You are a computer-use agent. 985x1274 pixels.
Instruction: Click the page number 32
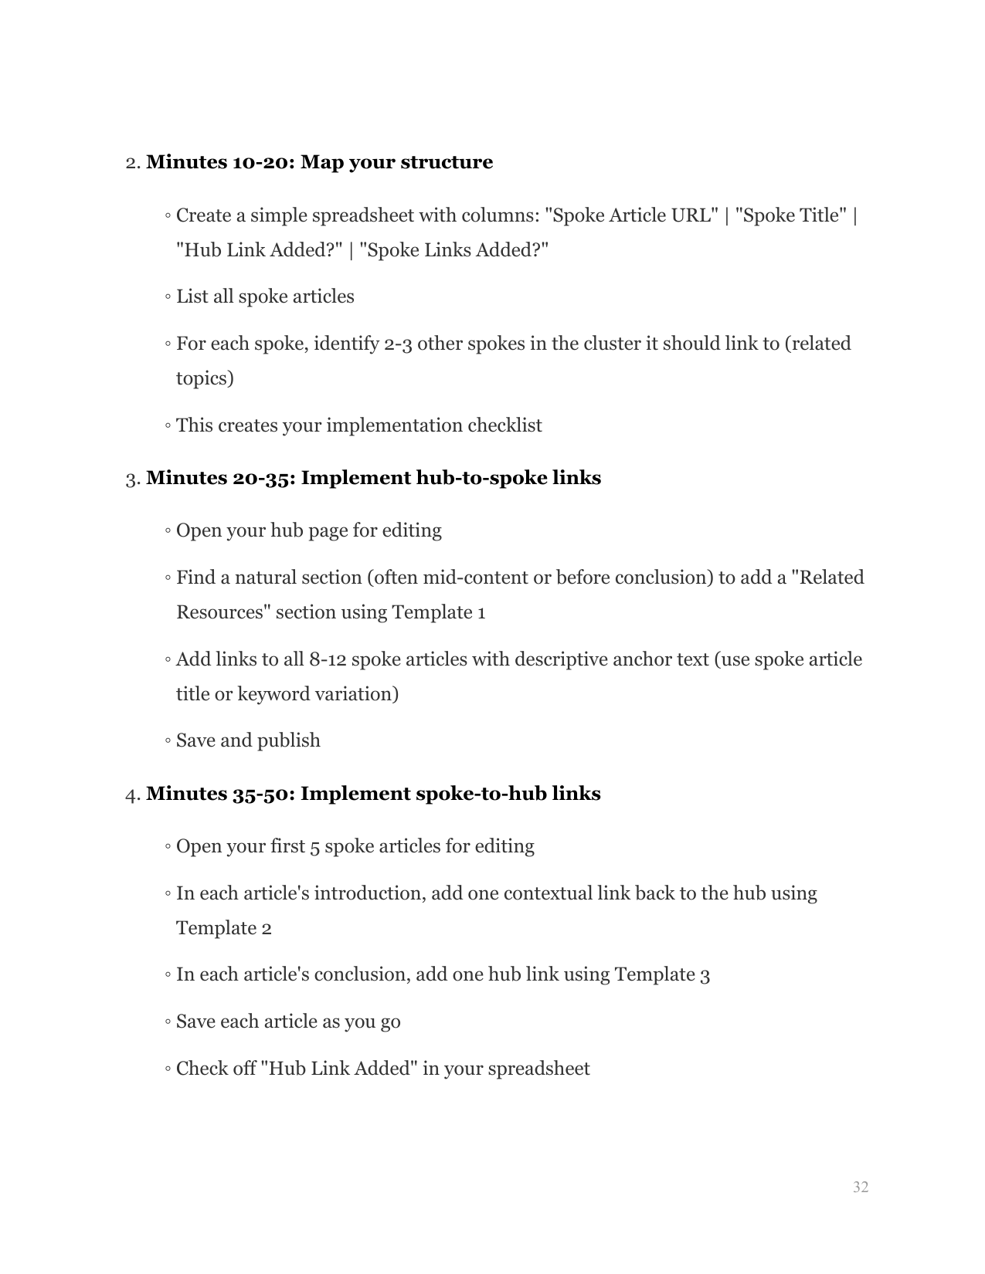click(x=860, y=1188)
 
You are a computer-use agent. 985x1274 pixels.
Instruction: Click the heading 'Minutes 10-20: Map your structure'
click(x=319, y=162)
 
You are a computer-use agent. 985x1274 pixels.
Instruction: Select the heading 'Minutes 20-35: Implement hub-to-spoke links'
click(x=373, y=478)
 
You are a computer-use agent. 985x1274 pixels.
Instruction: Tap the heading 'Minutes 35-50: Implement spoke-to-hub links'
click(x=373, y=794)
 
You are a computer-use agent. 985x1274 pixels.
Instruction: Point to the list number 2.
click(x=132, y=163)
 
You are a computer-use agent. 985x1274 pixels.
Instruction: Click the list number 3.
click(x=132, y=479)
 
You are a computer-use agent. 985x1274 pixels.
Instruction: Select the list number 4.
click(x=132, y=795)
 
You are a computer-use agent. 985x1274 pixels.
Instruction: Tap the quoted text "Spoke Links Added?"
click(x=453, y=250)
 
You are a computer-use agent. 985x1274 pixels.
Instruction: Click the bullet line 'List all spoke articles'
click(x=265, y=297)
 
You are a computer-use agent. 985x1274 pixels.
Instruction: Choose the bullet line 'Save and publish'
click(x=248, y=740)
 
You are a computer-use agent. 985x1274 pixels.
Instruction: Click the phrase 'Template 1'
click(x=439, y=612)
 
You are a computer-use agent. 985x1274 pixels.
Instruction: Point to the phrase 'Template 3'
click(x=662, y=974)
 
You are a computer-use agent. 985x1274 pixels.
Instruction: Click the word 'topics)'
click(x=205, y=378)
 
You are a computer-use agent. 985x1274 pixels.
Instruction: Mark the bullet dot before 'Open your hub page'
click(x=168, y=531)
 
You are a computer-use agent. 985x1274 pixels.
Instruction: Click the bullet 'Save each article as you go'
click(x=288, y=1022)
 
